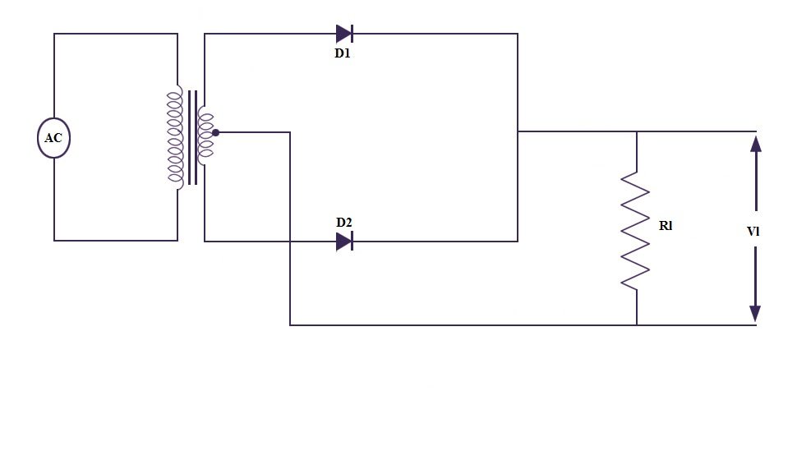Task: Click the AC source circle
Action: click(53, 138)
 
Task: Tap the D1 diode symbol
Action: click(344, 34)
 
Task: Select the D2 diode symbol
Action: click(344, 242)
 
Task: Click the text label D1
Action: click(343, 53)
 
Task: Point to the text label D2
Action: click(343, 222)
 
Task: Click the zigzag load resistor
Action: click(636, 230)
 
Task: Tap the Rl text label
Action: click(666, 225)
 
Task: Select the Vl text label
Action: click(753, 231)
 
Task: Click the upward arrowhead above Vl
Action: click(756, 145)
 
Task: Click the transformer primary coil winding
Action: click(175, 136)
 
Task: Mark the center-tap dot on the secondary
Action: click(215, 132)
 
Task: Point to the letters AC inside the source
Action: click(53, 138)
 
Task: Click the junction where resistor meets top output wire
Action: click(637, 131)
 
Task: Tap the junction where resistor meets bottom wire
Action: click(637, 325)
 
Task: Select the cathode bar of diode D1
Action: click(352, 34)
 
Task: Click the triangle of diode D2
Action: click(343, 242)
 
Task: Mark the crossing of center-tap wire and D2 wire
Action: click(290, 242)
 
